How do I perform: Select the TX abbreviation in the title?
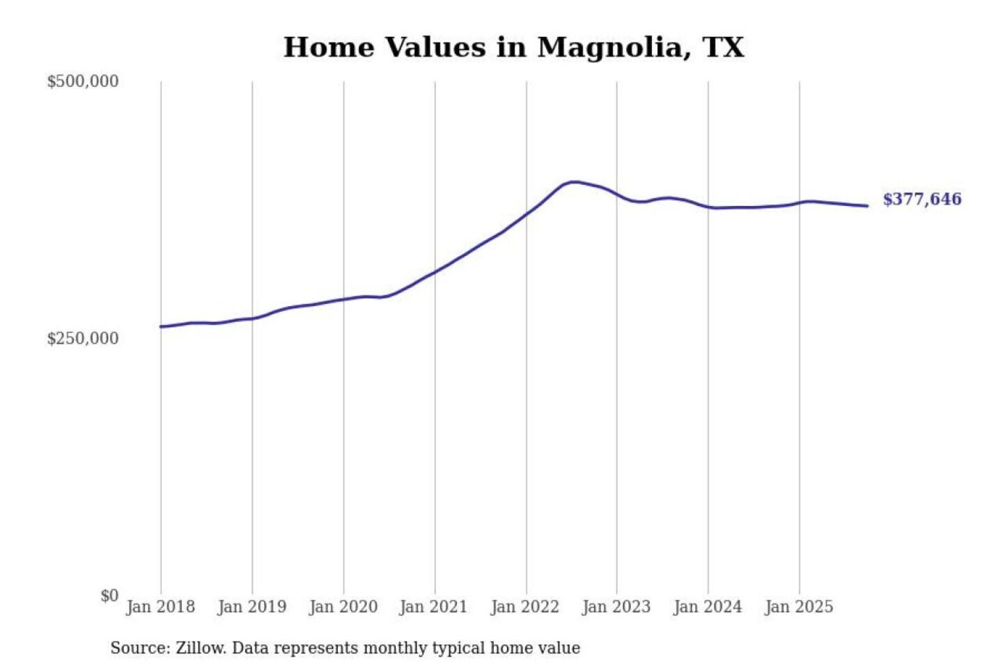(724, 47)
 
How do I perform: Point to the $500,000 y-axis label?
(83, 81)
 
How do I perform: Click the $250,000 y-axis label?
(83, 339)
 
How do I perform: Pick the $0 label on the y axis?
(109, 596)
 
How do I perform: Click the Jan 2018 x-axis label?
(160, 607)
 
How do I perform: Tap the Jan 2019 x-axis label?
(251, 607)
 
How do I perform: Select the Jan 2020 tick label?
(343, 607)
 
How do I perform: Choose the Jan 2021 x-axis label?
(433, 607)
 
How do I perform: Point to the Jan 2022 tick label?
(524, 607)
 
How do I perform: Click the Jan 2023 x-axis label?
(616, 607)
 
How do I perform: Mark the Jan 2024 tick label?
(707, 607)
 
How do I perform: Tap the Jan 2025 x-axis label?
(798, 607)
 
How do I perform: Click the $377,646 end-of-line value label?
(922, 200)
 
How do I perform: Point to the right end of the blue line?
(867, 206)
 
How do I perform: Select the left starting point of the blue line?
(161, 326)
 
